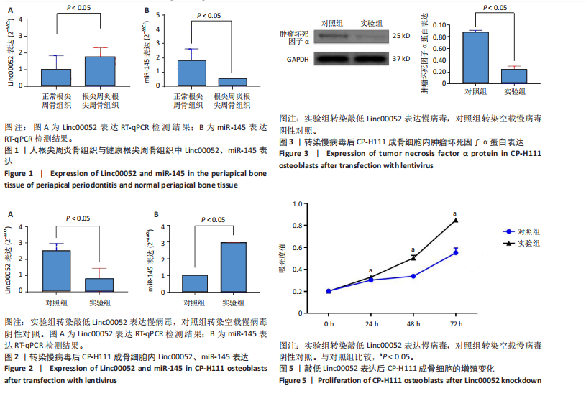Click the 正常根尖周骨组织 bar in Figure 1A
coord(55,78)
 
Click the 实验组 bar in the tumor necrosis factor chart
coord(513,77)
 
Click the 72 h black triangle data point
coord(456,220)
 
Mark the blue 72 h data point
coord(456,252)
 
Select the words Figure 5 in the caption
coord(294,381)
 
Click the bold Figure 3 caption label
coord(294,154)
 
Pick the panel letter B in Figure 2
coord(155,213)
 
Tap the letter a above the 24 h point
coord(370,271)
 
